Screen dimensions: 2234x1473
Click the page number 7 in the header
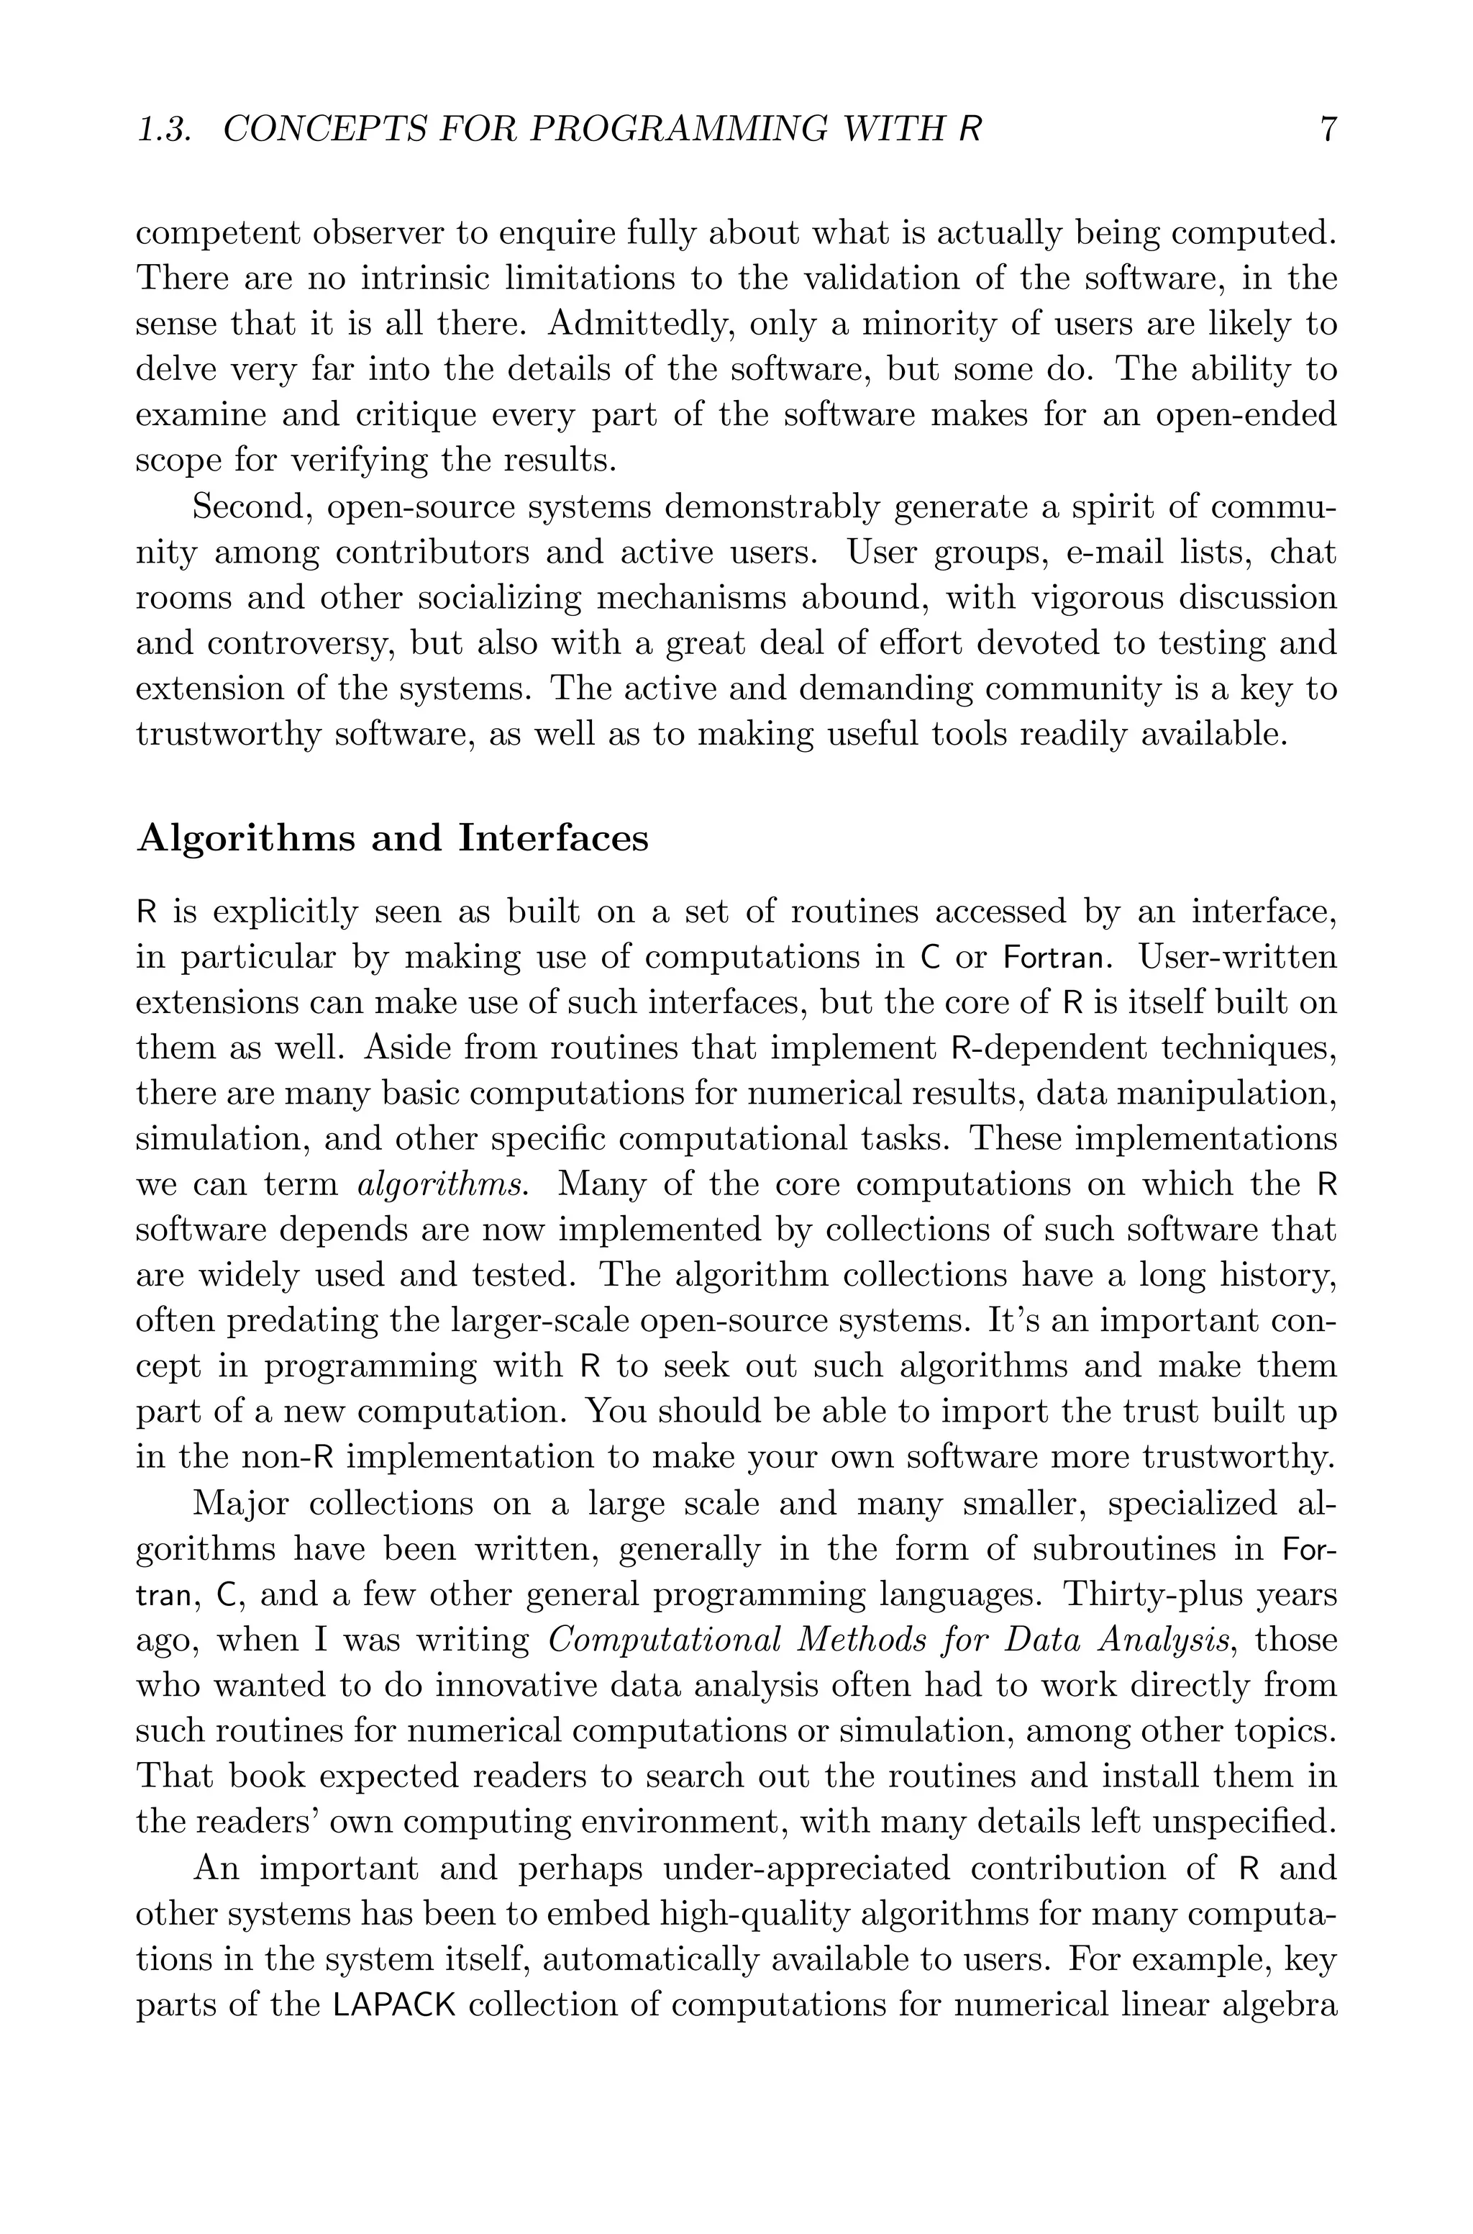[x=1328, y=130]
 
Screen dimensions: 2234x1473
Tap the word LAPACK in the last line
[x=395, y=2007]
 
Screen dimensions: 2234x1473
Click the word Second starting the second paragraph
[x=248, y=507]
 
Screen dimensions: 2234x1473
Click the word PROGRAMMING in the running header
[x=678, y=130]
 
